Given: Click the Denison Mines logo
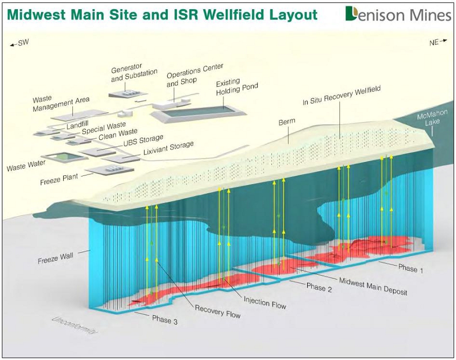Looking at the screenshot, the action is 398,14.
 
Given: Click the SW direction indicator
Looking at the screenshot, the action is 19,43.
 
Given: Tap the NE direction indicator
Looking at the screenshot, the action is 438,42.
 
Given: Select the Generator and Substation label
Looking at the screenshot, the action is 134,73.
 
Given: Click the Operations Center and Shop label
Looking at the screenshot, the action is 195,74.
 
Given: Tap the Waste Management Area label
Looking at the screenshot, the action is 60,103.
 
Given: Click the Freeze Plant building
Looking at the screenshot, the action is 110,169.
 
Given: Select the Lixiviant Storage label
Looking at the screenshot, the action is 168,148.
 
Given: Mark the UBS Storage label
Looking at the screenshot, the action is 143,140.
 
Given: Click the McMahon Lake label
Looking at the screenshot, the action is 432,118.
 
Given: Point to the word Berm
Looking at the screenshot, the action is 287,121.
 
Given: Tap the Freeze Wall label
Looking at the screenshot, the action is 56,258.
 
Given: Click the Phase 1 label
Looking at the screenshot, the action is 411,268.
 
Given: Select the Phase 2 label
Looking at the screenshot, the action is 319,287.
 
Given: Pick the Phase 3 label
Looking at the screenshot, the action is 165,320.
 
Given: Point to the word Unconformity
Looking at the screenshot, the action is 74,325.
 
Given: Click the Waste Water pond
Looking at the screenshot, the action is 65,157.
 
